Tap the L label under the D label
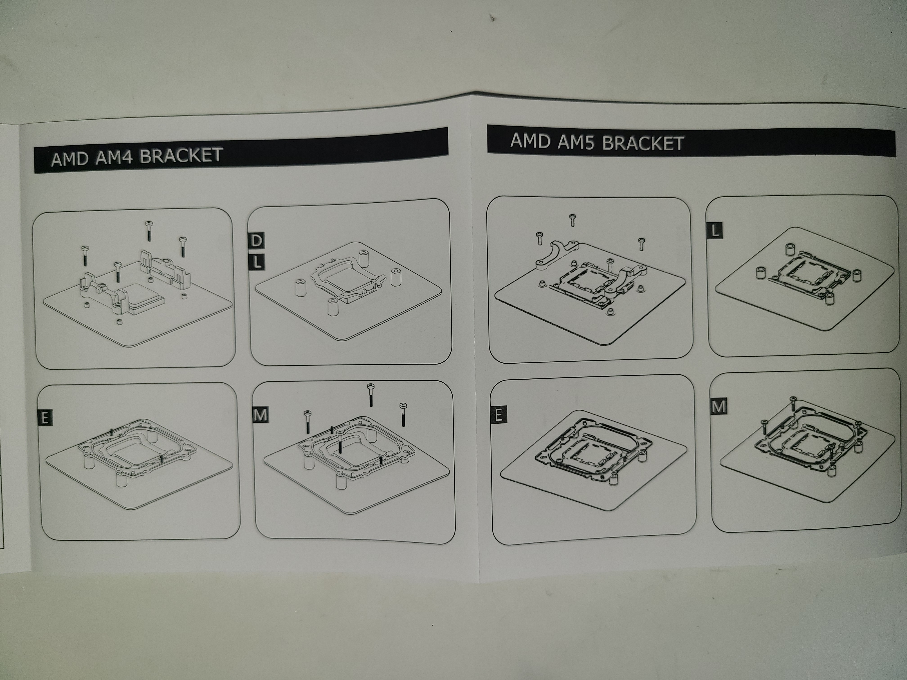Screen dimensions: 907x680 click(x=256, y=262)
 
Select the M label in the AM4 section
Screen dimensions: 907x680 click(x=260, y=415)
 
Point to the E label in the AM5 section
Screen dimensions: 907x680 click(x=498, y=415)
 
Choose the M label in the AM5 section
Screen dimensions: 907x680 click(x=719, y=407)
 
